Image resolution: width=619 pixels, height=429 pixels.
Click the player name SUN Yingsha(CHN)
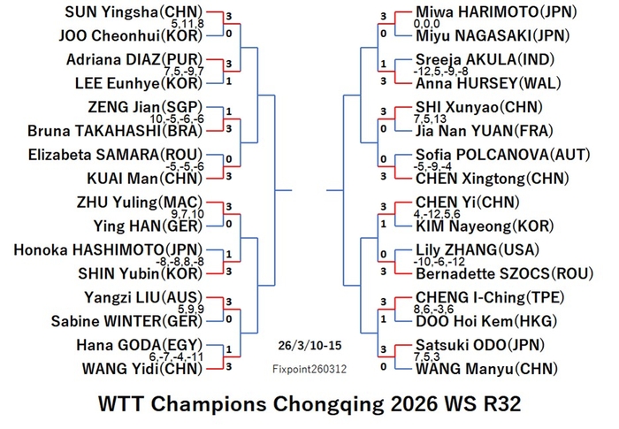(x=134, y=12)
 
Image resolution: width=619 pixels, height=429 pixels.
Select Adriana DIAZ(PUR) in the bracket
(x=134, y=59)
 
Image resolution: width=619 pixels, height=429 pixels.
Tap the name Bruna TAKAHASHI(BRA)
(x=115, y=131)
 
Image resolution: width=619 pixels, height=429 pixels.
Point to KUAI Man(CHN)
(x=144, y=179)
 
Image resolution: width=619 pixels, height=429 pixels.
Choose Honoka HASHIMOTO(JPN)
(x=108, y=250)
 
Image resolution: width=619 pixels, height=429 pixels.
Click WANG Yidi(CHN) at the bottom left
(x=142, y=369)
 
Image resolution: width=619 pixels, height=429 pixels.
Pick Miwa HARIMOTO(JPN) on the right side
(x=496, y=12)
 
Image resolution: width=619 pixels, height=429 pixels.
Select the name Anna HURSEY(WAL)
(x=488, y=83)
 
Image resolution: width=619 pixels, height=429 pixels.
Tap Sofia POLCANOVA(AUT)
(x=503, y=155)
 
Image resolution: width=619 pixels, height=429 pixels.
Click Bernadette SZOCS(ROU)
(x=505, y=273)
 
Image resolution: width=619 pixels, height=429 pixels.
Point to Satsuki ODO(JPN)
(x=480, y=345)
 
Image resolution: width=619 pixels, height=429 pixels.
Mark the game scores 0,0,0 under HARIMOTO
(x=427, y=24)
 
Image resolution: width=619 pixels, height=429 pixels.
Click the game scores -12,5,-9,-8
(x=441, y=72)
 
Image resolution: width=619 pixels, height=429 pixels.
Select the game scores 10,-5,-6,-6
(x=177, y=119)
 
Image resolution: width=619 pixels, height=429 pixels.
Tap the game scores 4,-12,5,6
(x=437, y=214)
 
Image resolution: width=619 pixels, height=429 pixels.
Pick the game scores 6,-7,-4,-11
(x=177, y=357)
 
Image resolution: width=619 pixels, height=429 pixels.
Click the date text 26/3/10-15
(x=309, y=346)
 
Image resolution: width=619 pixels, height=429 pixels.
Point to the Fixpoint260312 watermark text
(x=309, y=370)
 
